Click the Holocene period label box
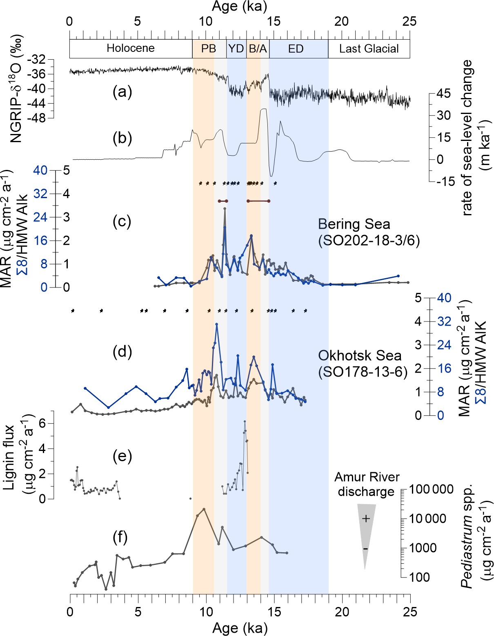click(x=131, y=49)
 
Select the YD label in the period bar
click(x=236, y=49)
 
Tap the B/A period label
click(x=258, y=49)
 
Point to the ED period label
click(x=296, y=49)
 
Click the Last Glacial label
click(x=369, y=49)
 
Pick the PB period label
click(x=208, y=49)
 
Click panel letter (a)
click(x=122, y=92)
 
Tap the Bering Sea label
click(x=354, y=224)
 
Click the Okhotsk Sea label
click(x=360, y=355)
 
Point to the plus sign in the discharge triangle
click(x=366, y=519)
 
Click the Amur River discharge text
click(x=367, y=484)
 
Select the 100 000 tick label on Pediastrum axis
click(x=431, y=489)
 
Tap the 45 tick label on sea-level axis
click(x=443, y=94)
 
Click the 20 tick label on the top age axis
click(x=342, y=22)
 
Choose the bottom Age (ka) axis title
click(x=240, y=628)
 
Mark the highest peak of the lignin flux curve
click(x=245, y=421)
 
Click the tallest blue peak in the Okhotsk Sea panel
click(x=216, y=324)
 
